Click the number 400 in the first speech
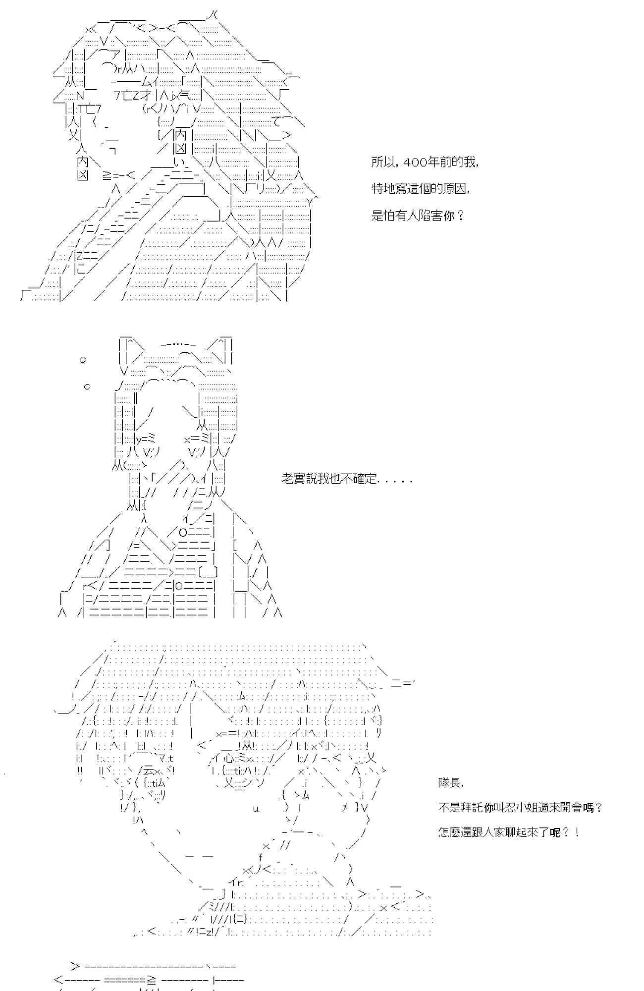click(412, 163)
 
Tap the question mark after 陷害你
click(461, 216)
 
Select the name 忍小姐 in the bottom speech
click(532, 808)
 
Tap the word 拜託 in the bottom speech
click(472, 808)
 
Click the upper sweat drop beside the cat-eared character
click(83, 360)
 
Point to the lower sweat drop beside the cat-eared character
click(87, 386)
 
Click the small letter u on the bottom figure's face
click(256, 809)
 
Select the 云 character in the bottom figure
click(147, 770)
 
